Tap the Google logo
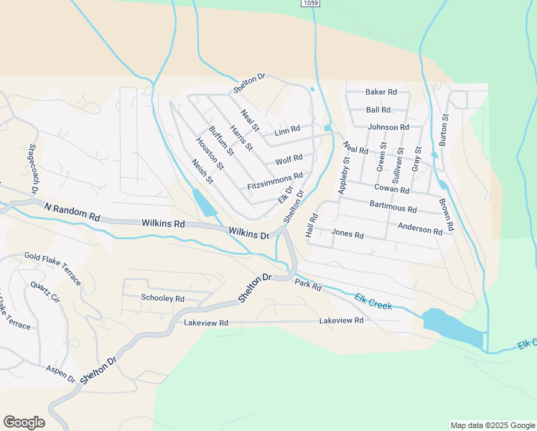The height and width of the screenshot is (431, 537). (x=24, y=422)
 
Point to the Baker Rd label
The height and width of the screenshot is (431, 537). (x=380, y=92)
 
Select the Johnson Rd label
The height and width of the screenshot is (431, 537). (x=388, y=127)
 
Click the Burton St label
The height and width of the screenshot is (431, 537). (x=444, y=130)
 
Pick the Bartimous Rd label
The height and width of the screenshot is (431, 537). (x=393, y=208)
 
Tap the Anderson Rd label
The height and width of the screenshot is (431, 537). (x=420, y=229)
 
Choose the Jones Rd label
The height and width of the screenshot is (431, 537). (x=347, y=234)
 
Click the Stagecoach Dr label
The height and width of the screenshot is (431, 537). (x=32, y=169)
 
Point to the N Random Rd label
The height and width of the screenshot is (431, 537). (x=72, y=211)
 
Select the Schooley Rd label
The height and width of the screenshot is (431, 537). (x=163, y=298)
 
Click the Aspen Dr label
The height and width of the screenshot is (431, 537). (x=60, y=372)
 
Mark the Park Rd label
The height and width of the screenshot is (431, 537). (x=307, y=285)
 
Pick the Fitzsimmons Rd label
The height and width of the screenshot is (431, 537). (x=275, y=180)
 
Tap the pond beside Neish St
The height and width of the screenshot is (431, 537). (x=203, y=202)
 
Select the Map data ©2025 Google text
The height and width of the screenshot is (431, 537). (x=492, y=425)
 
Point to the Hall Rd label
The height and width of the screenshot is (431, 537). (x=312, y=226)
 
